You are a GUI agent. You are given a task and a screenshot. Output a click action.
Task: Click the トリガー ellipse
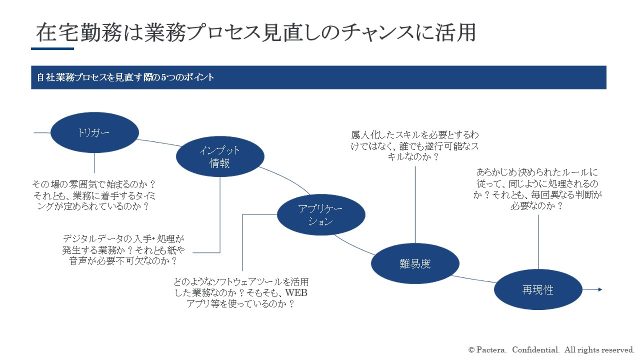95,132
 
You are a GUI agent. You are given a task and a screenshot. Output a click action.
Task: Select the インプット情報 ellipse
220,157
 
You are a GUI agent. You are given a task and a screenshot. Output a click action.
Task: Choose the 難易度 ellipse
415,264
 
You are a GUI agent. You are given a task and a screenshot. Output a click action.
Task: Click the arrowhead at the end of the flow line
600,290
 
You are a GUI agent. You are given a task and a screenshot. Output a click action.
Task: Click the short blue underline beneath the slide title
52,48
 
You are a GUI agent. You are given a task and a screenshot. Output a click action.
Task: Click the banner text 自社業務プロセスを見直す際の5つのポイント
126,77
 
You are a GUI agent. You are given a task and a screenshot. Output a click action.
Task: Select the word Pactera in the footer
492,349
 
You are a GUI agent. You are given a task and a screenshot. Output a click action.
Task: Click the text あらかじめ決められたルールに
537,172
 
